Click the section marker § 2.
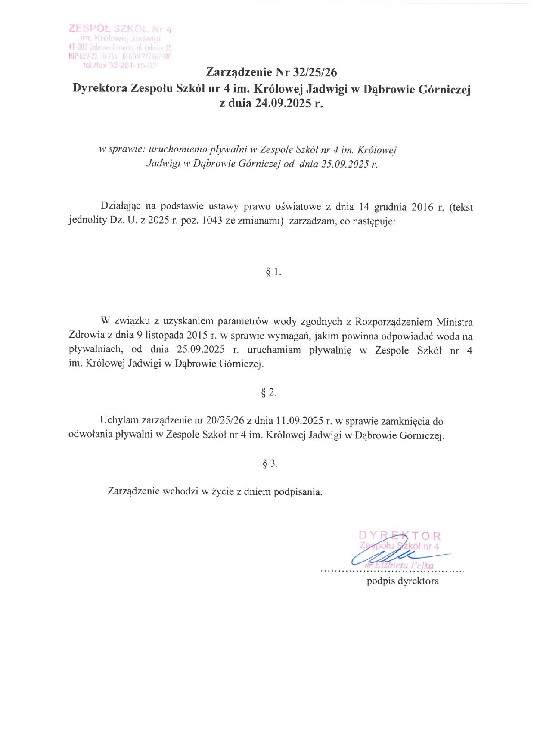pyautogui.click(x=269, y=392)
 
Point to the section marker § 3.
pyautogui.click(x=270, y=464)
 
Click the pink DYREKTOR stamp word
pyautogui.click(x=400, y=536)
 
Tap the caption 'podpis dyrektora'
pyautogui.click(x=403, y=581)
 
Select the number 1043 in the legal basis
pyautogui.click(x=212, y=221)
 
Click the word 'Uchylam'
pyautogui.click(x=119, y=420)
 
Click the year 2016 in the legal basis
pyautogui.click(x=422, y=207)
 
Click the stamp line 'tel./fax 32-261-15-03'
pyautogui.click(x=120, y=65)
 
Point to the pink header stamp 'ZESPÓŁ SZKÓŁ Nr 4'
pyautogui.click(x=120, y=29)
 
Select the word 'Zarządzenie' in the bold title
pyautogui.click(x=239, y=72)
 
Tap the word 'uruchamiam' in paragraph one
pyautogui.click(x=274, y=350)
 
